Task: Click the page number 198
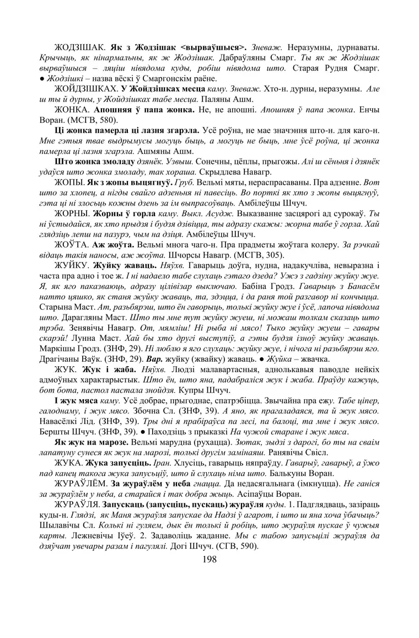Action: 209,559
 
